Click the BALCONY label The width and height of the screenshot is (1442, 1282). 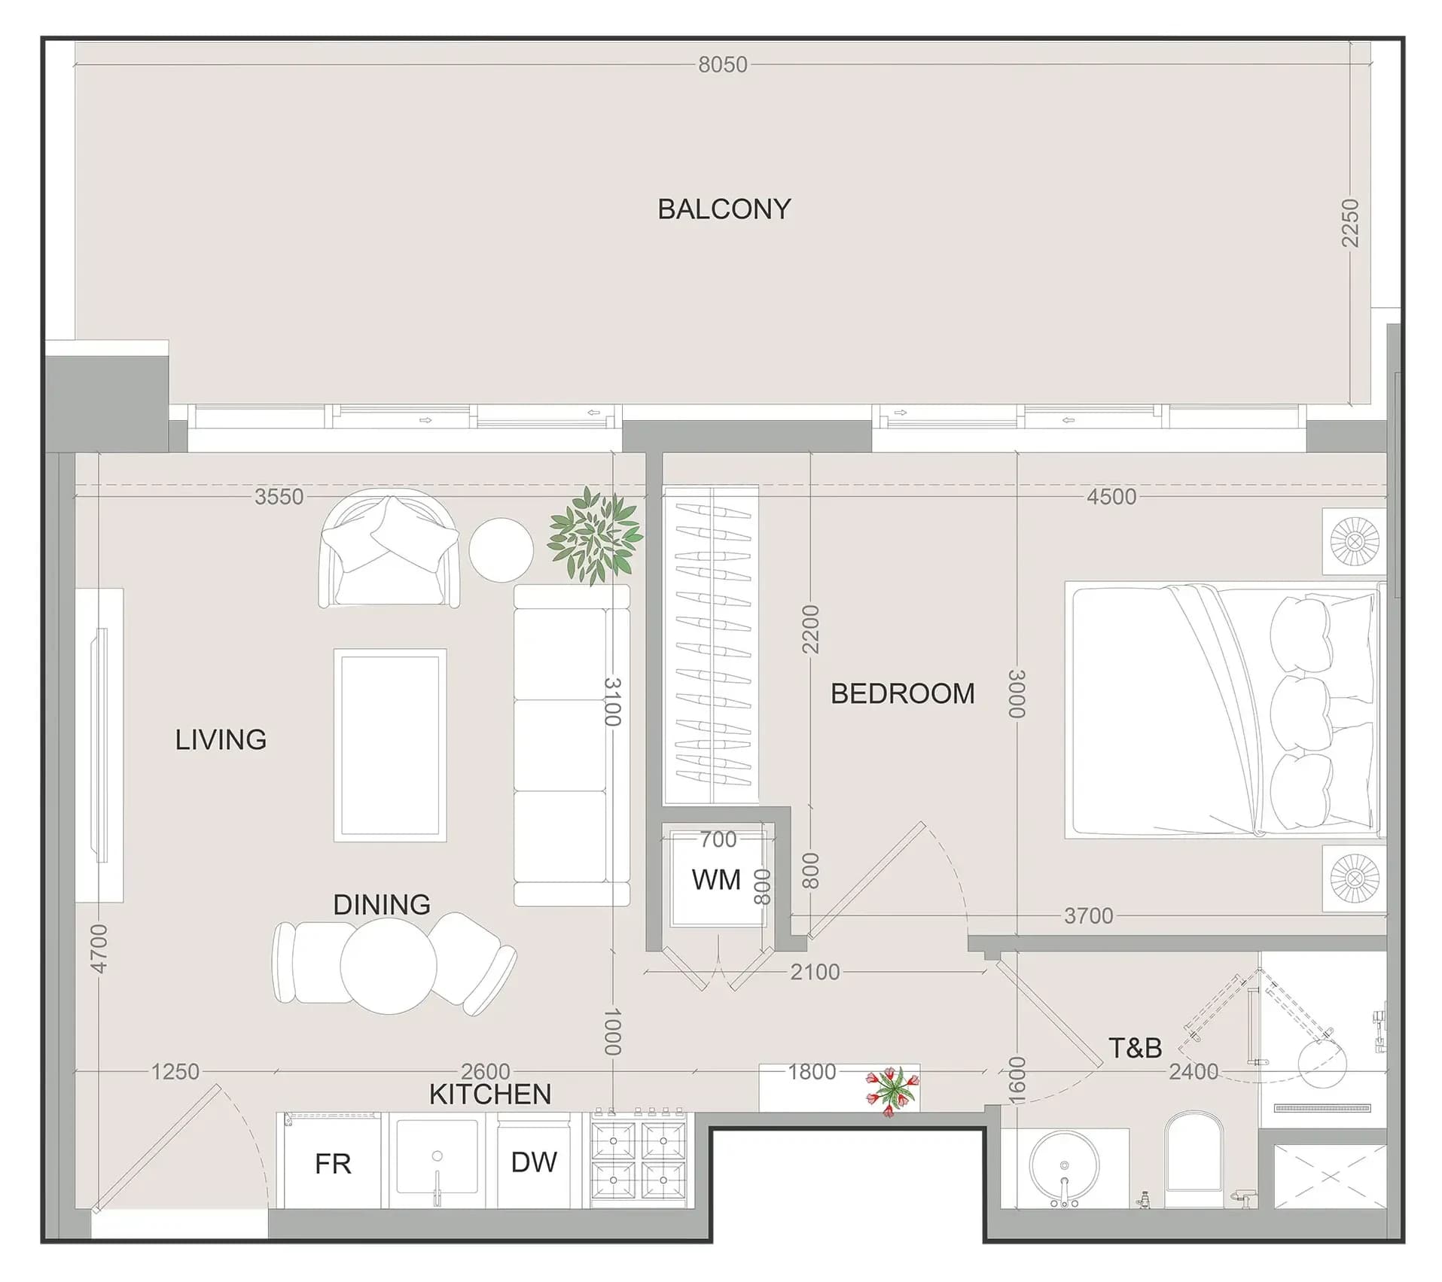724,209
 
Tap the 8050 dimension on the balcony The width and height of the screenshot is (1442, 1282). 723,65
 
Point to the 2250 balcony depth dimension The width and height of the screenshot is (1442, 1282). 1350,223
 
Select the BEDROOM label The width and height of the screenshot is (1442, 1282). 902,693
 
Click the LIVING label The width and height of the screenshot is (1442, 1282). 221,739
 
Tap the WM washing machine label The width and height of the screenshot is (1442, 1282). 716,879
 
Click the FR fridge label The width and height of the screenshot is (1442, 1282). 333,1164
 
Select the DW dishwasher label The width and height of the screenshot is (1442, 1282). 534,1162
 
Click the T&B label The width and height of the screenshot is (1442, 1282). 1136,1047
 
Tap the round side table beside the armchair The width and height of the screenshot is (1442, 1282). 501,550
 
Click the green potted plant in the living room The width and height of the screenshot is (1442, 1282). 595,535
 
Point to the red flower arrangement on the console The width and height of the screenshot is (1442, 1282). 892,1090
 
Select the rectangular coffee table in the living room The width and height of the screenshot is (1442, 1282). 390,745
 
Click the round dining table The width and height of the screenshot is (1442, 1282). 389,966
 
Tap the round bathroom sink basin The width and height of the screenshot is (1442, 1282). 1064,1165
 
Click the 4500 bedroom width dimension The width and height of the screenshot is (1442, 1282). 1111,497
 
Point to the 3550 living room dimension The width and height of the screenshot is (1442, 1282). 279,497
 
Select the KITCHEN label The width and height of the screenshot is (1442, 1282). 490,1095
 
